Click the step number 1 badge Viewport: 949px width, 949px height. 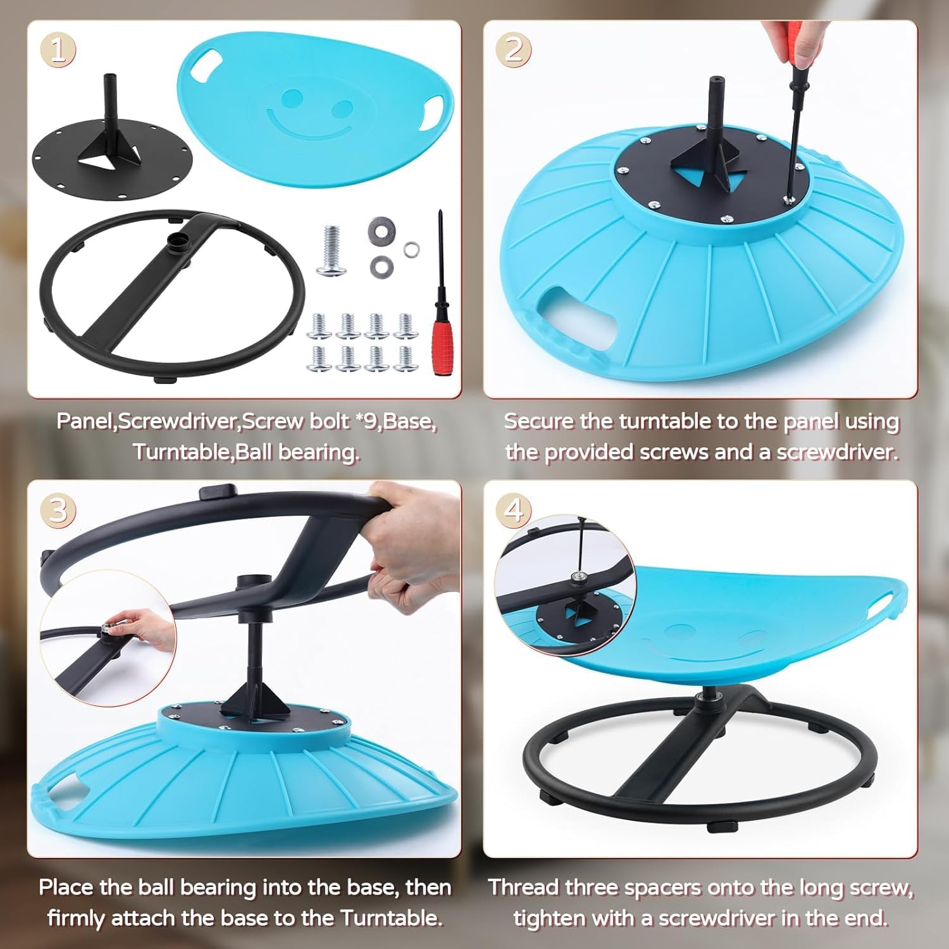coord(58,51)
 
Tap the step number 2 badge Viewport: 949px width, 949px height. coord(514,51)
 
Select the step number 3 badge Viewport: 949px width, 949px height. coord(58,510)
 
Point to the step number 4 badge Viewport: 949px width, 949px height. coord(514,510)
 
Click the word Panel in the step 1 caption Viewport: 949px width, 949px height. coord(84,421)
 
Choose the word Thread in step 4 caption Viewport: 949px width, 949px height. coord(524,887)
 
